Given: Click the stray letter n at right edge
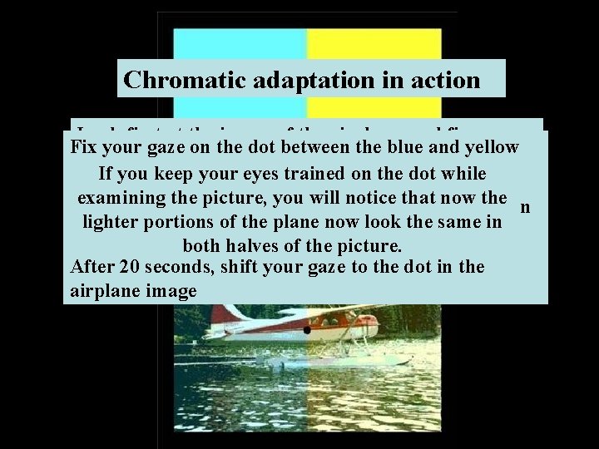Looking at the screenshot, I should click(x=526, y=207).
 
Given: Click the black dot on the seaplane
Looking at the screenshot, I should click(x=307, y=330).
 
